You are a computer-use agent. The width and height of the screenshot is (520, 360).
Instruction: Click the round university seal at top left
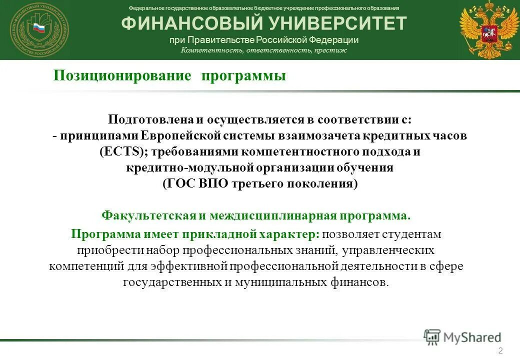click(x=39, y=30)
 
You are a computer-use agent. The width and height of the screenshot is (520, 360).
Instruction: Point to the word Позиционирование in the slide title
click(x=122, y=76)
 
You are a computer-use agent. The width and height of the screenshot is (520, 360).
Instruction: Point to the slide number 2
click(x=500, y=349)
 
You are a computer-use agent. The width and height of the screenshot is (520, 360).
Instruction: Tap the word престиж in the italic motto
click(x=330, y=50)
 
